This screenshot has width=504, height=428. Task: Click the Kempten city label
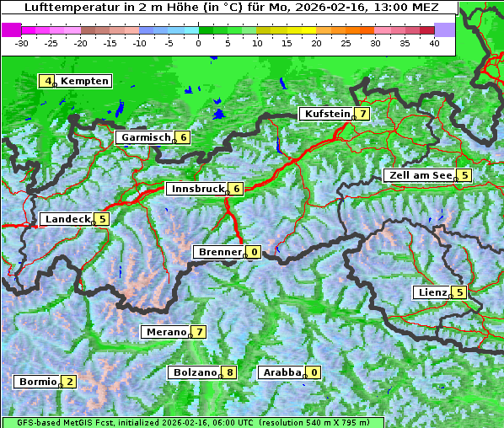pos(85,81)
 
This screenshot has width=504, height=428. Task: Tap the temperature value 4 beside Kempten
pos(48,81)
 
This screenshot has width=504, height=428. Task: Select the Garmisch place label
pos(146,137)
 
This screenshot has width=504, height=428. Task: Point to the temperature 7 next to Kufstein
pos(362,114)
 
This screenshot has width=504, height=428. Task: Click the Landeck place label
pos(67,219)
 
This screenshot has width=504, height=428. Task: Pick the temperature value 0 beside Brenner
pos(254,252)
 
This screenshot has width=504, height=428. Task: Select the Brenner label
pos(220,252)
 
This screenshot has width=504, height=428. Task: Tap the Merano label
pos(165,332)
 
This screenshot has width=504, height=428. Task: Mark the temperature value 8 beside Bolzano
pos(230,372)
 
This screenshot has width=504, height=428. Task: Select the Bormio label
pos(38,382)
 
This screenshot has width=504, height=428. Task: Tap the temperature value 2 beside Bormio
pos(69,382)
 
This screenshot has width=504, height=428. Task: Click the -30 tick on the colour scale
pos(22,42)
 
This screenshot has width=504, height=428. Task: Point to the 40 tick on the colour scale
pos(434,42)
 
